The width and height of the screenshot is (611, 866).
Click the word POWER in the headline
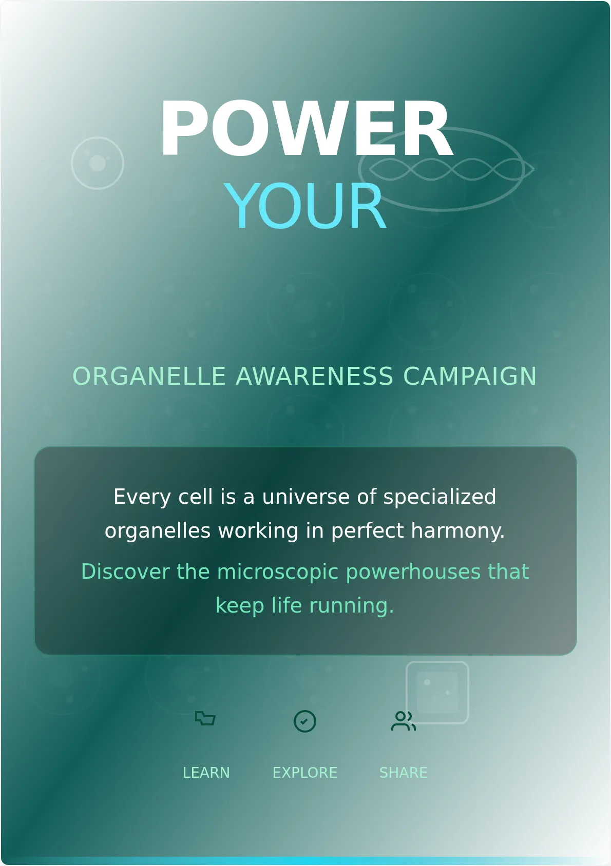click(307, 128)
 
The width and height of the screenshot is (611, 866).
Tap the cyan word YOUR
click(305, 206)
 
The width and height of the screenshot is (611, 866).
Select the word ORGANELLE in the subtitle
click(149, 376)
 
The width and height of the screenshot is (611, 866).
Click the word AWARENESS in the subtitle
click(315, 376)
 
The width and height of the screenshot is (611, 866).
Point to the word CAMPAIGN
click(470, 376)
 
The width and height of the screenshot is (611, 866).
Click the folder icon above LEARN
click(205, 718)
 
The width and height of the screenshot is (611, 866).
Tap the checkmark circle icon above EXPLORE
click(305, 721)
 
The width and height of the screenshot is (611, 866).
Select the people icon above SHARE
click(404, 721)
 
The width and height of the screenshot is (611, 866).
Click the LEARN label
click(206, 773)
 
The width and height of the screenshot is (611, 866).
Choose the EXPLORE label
click(305, 773)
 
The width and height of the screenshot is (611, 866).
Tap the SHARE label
click(403, 773)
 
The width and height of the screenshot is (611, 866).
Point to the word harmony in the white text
click(458, 530)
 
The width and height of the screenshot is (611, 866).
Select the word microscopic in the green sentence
click(278, 572)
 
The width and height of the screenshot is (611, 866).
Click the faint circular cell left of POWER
click(98, 163)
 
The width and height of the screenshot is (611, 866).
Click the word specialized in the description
click(440, 497)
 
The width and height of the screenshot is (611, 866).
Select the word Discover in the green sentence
click(125, 572)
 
